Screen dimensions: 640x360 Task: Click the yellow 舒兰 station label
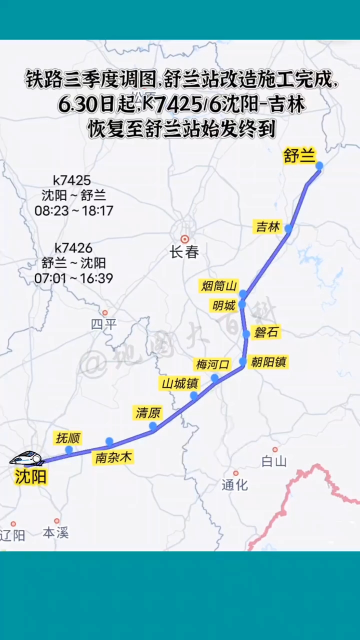[299, 156]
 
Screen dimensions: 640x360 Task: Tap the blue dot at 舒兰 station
[319, 165]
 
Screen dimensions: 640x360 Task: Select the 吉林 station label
[268, 226]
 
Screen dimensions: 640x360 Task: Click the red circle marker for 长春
[185, 239]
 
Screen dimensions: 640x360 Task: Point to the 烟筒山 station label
[218, 286]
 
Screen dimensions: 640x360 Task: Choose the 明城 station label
[223, 305]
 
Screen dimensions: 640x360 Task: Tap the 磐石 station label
[266, 332]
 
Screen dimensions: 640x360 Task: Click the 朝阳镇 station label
[268, 361]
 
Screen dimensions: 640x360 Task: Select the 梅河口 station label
[212, 364]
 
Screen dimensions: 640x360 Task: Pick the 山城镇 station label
[179, 384]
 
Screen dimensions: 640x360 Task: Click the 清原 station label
[148, 413]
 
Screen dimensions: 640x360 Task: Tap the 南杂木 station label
[114, 457]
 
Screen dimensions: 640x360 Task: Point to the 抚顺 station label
[68, 438]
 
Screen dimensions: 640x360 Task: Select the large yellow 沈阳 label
[30, 477]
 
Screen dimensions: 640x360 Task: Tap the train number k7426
[73, 248]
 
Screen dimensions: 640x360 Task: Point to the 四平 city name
[103, 324]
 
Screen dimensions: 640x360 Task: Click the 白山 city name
[274, 461]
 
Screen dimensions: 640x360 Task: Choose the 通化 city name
[234, 484]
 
